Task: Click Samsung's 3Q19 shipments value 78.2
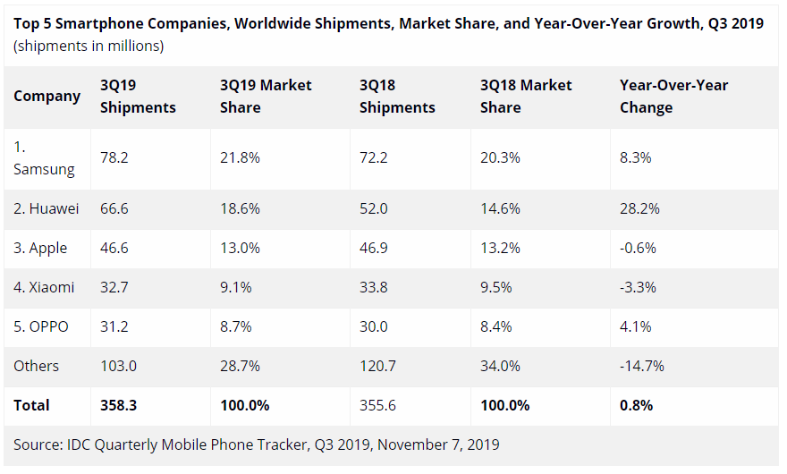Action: tap(114, 157)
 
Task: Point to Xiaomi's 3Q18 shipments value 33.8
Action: tap(374, 287)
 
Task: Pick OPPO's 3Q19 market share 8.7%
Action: tap(237, 326)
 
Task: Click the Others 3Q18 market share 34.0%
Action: tap(500, 366)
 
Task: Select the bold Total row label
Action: tap(31, 405)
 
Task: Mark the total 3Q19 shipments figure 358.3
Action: tap(118, 405)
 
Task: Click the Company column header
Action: tap(47, 96)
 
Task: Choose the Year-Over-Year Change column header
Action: tap(673, 96)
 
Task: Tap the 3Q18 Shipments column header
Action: tap(397, 96)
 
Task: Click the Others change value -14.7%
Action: tap(641, 366)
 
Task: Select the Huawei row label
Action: tap(46, 208)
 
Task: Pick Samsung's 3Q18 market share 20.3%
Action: tap(500, 157)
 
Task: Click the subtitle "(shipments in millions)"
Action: tap(89, 46)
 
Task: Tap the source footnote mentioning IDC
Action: tap(256, 444)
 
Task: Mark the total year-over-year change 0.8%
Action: tap(636, 405)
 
